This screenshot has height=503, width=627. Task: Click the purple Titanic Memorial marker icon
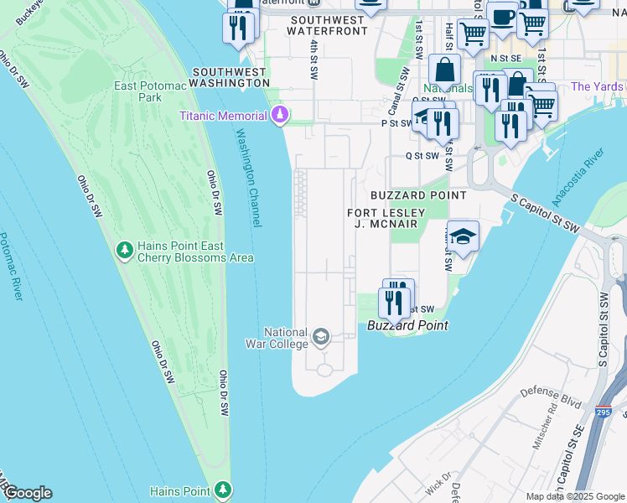click(x=279, y=115)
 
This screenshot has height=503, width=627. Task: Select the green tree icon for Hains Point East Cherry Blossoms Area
click(x=124, y=250)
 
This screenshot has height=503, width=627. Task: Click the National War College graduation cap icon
click(x=319, y=337)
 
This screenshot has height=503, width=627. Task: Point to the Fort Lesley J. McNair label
click(x=386, y=219)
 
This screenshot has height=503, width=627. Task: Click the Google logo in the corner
click(x=27, y=493)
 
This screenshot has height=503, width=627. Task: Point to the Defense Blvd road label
click(x=551, y=397)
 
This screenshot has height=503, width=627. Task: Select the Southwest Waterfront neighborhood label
click(x=327, y=24)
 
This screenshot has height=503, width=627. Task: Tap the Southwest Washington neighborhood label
click(x=230, y=78)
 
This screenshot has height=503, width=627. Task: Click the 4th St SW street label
click(x=313, y=59)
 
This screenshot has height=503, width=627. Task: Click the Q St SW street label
click(x=422, y=155)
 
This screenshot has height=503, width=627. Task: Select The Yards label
click(x=597, y=86)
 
